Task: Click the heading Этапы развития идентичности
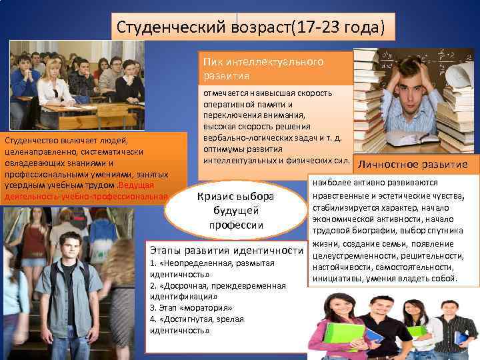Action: (227, 250)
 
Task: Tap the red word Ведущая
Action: (136, 185)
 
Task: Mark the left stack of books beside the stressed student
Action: (365, 100)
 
